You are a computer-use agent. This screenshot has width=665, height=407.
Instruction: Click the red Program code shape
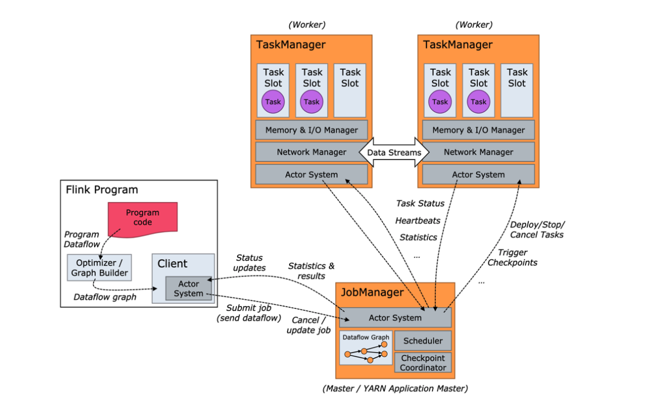[x=142, y=217]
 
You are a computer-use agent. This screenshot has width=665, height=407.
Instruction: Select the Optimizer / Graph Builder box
[x=99, y=267]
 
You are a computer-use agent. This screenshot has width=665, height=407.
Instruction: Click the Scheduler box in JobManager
[x=423, y=341]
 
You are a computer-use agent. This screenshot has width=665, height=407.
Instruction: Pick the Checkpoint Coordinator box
[x=423, y=363]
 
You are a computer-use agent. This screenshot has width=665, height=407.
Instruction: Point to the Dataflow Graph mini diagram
[x=366, y=348]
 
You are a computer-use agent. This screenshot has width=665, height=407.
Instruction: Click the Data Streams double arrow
[x=394, y=152]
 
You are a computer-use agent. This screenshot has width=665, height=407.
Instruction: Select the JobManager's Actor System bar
[x=395, y=318]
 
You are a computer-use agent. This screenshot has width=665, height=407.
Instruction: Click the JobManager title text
[x=372, y=293]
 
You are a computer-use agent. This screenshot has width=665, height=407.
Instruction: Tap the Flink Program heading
[x=102, y=190]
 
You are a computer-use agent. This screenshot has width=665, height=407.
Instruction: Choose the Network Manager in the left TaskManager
[x=311, y=152]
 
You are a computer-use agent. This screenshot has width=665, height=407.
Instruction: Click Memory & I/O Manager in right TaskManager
[x=478, y=130]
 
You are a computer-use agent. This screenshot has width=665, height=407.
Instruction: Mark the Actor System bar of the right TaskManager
[x=478, y=174]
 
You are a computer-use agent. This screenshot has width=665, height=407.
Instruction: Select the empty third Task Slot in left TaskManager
[x=350, y=90]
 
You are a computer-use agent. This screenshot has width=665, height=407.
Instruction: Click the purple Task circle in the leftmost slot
[x=273, y=102]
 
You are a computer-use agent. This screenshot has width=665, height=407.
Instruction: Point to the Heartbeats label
[x=418, y=220]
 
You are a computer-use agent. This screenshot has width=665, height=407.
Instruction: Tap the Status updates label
[x=249, y=263]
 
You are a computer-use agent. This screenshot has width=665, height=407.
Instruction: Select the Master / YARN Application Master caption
[x=395, y=389]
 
